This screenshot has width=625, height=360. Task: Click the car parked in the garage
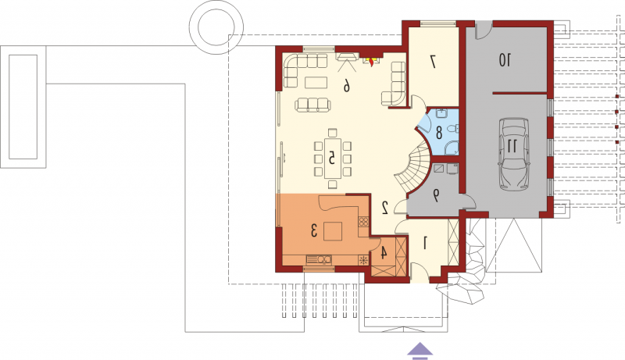[514, 154]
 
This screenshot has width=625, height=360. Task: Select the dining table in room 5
[333, 158]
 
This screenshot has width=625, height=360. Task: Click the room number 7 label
[433, 61]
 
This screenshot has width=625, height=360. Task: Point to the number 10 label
[505, 60]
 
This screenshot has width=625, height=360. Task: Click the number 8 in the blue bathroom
[439, 133]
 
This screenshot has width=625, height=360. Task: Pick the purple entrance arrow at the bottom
[420, 351]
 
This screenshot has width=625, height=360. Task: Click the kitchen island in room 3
[333, 231]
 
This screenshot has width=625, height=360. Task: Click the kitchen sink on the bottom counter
[319, 260]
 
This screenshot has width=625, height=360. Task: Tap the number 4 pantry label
[384, 252]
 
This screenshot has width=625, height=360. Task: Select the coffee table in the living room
[316, 83]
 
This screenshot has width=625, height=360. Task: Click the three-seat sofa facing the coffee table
[313, 105]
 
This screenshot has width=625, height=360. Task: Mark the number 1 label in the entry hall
[425, 243]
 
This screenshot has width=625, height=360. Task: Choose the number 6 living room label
[347, 86]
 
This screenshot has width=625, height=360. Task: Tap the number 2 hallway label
[385, 208]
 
